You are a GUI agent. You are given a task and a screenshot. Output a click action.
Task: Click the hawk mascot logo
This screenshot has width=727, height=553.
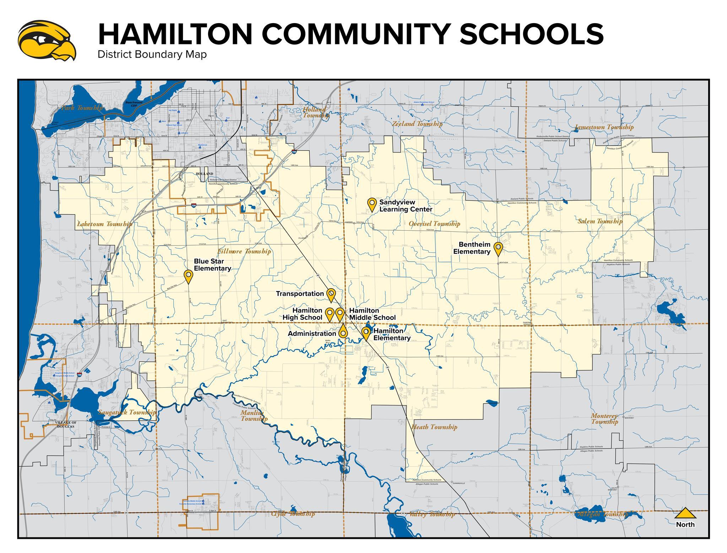pos(47,40)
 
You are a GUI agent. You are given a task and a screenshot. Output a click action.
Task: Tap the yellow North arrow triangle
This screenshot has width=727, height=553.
pos(685,514)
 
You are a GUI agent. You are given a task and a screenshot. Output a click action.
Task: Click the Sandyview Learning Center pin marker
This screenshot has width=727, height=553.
pos(372,204)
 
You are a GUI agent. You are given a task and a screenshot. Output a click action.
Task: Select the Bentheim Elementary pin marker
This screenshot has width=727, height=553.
pos(498,248)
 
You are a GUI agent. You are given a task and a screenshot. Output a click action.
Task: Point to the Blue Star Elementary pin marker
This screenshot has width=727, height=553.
pos(188,276)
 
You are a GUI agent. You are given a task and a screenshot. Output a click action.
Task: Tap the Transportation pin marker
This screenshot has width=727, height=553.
pos(331,294)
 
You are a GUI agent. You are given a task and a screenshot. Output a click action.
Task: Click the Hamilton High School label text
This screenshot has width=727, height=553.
pos(303,314)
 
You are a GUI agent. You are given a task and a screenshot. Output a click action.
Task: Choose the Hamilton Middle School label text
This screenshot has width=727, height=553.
pos(372,314)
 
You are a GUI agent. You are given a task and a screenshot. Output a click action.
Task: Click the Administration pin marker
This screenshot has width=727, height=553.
pos(343,333)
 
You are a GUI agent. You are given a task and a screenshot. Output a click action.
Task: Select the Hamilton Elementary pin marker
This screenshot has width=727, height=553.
pos(365,333)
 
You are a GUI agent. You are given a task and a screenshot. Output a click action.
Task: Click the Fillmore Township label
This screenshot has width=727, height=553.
pos(244,251)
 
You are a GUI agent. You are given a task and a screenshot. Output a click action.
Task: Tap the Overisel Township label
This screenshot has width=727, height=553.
pos(434,224)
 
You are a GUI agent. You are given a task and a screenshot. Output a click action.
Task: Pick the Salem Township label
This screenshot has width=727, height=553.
pos(600,221)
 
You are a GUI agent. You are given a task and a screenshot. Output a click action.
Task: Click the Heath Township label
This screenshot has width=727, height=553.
pos(434,427)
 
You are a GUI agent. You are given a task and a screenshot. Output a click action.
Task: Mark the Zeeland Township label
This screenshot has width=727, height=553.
pos(417,124)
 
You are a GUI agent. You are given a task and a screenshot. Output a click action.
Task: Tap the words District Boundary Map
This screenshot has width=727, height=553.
pos(152,55)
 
